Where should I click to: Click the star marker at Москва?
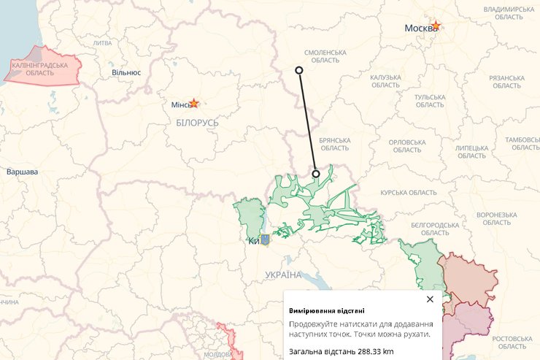pyautogui.click(x=436, y=26)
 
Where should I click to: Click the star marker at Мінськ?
pyautogui.click(x=193, y=104)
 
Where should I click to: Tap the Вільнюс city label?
pyautogui.click(x=126, y=73)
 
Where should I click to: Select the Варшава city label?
pyautogui.click(x=22, y=172)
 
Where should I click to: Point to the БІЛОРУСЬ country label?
pyautogui.click(x=197, y=123)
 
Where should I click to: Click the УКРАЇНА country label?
pyautogui.click(x=283, y=275)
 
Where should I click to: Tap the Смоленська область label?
pyautogui.click(x=325, y=56)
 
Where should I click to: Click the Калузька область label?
pyautogui.click(x=386, y=81)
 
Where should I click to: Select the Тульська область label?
pyautogui.click(x=430, y=101)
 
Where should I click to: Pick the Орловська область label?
pyautogui.click(x=407, y=145)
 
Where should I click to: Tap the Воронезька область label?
pyautogui.click(x=497, y=218)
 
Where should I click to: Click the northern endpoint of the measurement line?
pyautogui.click(x=298, y=70)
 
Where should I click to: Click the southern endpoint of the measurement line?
pyautogui.click(x=316, y=174)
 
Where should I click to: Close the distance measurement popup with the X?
pyautogui.click(x=430, y=299)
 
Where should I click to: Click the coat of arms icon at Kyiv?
pyautogui.click(x=265, y=240)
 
